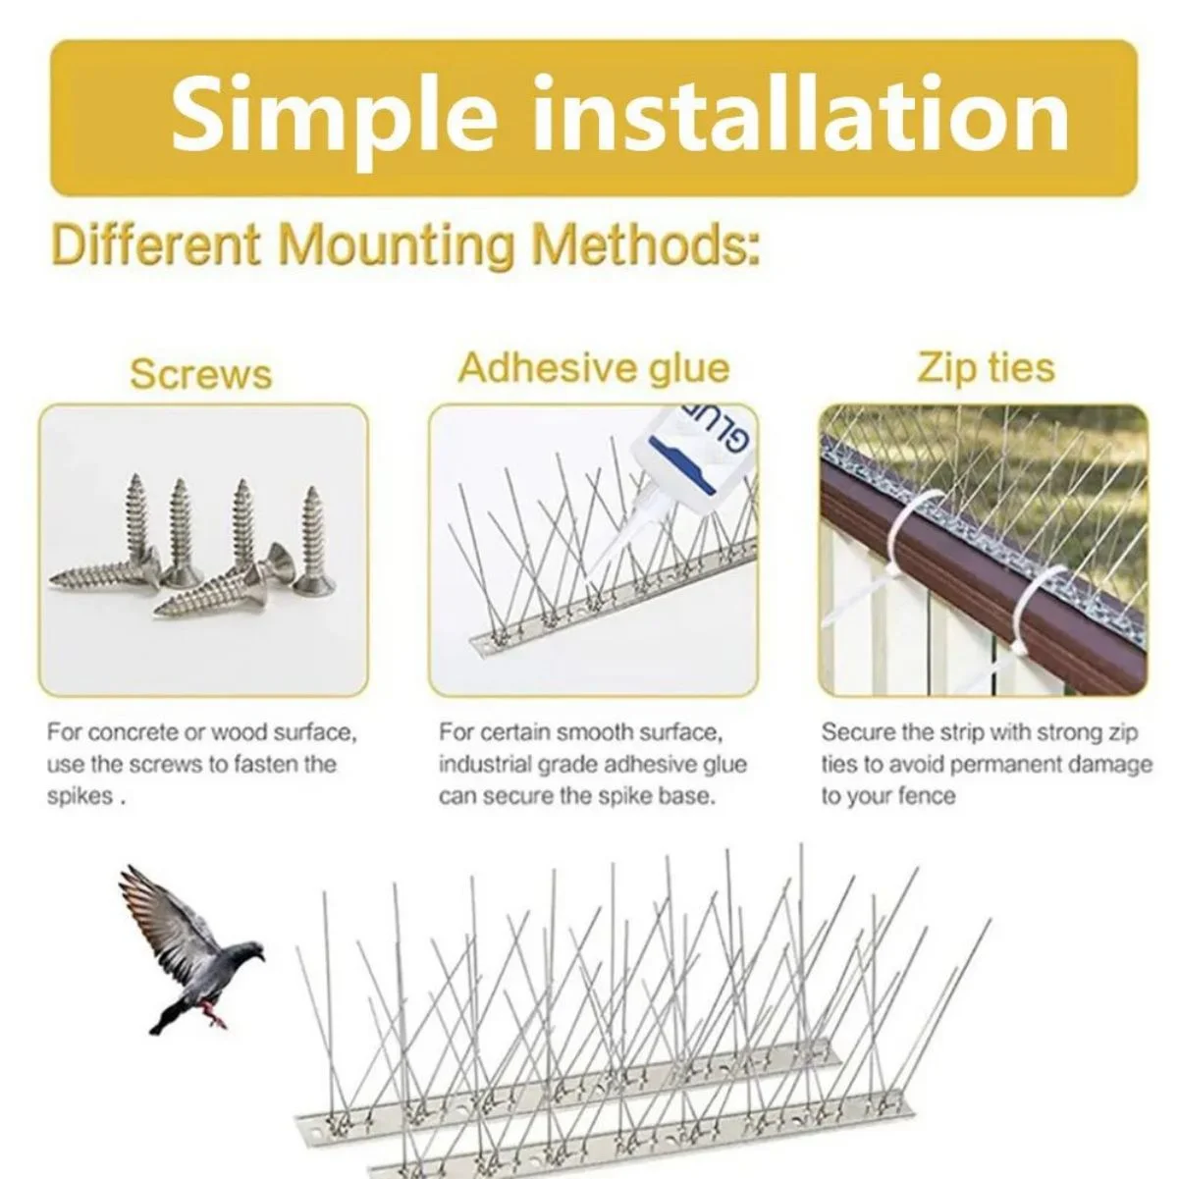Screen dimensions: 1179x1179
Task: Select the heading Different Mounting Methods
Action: [x=405, y=245]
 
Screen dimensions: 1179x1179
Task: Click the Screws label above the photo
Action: [x=200, y=373]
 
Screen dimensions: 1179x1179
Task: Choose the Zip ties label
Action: [x=986, y=367]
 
